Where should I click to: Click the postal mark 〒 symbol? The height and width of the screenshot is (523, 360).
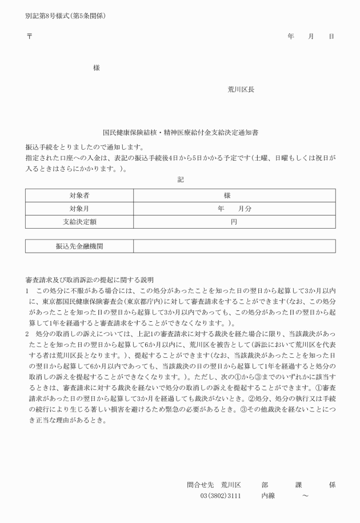coord(29,35)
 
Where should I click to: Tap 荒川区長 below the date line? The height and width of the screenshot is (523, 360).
coord(241,90)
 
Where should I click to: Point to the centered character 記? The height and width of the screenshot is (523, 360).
coord(181,179)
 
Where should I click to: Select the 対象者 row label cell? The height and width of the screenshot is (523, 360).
coord(79,195)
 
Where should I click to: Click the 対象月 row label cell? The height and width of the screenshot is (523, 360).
coord(79,209)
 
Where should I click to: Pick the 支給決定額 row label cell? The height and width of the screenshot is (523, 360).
coord(79,222)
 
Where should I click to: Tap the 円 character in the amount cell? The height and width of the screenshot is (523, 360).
coord(234,222)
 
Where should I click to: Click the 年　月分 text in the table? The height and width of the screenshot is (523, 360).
coord(234,209)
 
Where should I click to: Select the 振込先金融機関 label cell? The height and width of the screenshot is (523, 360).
coord(79,246)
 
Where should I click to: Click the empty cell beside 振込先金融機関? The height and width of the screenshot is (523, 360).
coord(234,246)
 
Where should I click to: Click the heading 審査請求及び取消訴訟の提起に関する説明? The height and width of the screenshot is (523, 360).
coord(90,280)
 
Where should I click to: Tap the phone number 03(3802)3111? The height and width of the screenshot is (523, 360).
coord(220,496)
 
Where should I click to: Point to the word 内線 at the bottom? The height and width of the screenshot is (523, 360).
coord(268,496)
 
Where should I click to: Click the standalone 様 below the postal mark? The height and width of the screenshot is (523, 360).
coord(97,68)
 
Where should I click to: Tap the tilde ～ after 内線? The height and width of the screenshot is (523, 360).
coord(305,496)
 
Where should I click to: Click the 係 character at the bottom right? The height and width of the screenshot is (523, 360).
coord(332,485)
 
